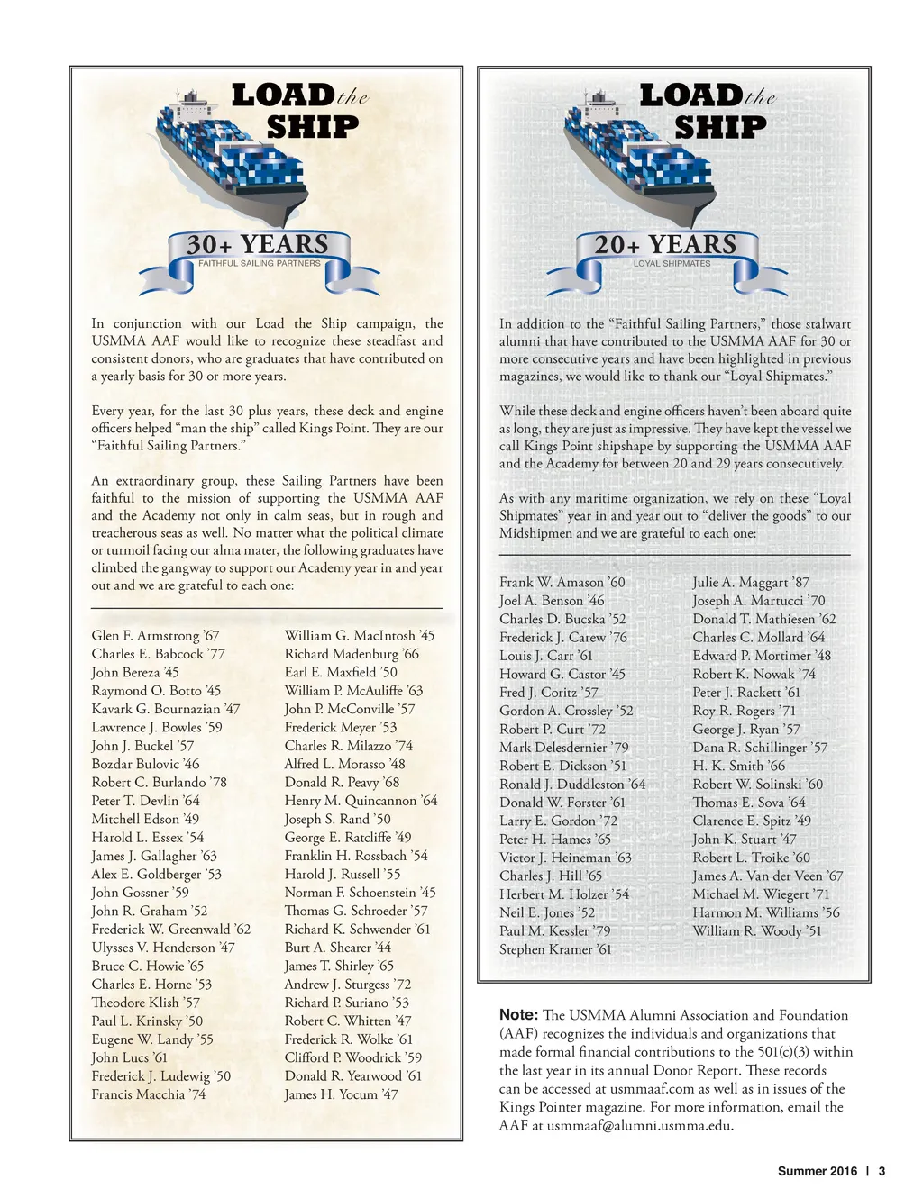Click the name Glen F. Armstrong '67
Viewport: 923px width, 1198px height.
(x=155, y=636)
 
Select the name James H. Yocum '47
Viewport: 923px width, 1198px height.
(x=341, y=1094)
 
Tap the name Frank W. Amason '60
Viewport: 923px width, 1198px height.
(x=562, y=583)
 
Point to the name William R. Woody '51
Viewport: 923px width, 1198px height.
(x=756, y=930)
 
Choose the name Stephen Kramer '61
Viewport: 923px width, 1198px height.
(x=555, y=949)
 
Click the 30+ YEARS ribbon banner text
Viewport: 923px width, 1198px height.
(x=258, y=245)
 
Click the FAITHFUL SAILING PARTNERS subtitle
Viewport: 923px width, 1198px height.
(x=259, y=263)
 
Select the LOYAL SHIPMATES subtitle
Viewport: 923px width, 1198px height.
(x=672, y=264)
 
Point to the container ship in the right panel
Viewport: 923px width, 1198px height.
(x=635, y=158)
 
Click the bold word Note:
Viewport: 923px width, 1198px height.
(x=518, y=1015)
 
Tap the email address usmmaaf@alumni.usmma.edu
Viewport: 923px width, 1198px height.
(x=639, y=1125)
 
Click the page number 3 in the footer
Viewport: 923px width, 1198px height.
(x=882, y=1171)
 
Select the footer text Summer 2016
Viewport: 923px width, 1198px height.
(x=818, y=1171)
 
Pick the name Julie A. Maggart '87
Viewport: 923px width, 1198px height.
(x=751, y=583)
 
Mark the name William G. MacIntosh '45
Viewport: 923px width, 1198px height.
(x=359, y=636)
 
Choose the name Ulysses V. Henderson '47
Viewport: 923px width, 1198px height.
(x=162, y=948)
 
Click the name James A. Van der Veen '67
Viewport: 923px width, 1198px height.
(x=767, y=876)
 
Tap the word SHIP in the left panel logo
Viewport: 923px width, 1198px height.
(x=312, y=127)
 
